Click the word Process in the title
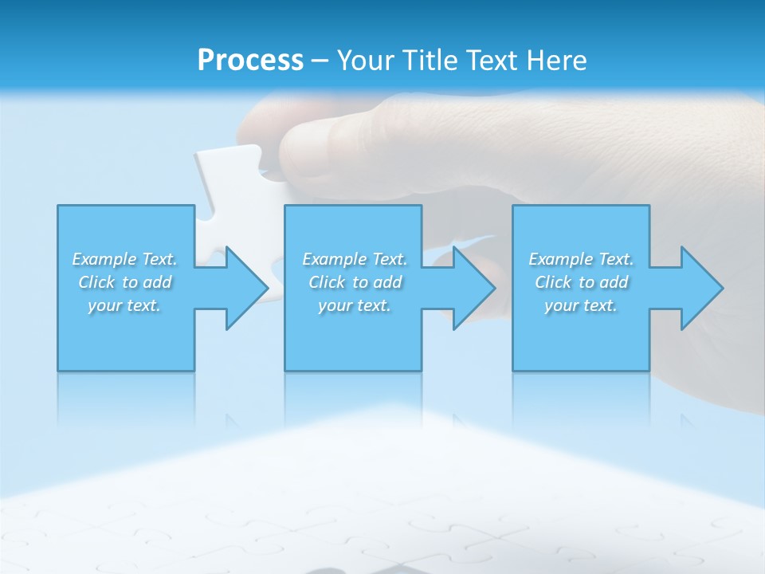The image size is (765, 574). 250,61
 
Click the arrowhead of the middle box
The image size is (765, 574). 473,288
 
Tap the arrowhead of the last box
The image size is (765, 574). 700,288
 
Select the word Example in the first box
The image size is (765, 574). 104,259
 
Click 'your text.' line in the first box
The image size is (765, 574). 124,305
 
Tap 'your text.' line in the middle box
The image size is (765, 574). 354,305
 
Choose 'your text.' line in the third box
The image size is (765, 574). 581,305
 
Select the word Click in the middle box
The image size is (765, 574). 327,282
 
